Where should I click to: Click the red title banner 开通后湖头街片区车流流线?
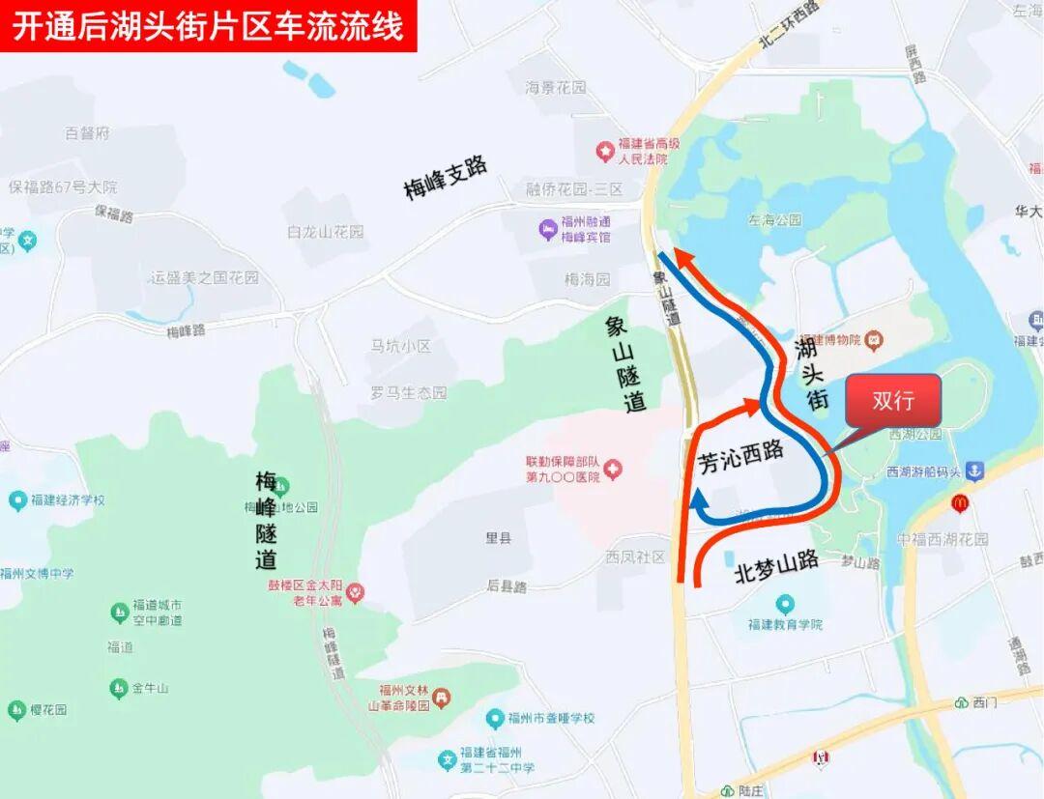(x=208, y=26)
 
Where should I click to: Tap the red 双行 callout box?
(x=892, y=400)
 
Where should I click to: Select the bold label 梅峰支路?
(x=446, y=177)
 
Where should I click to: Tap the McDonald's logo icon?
(x=959, y=502)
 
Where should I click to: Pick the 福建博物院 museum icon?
(x=874, y=339)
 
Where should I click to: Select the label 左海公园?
(x=774, y=219)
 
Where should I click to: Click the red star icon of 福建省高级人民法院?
(x=605, y=151)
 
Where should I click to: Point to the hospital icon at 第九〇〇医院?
(x=613, y=470)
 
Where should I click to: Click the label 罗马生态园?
(x=409, y=393)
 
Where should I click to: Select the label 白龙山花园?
(x=326, y=232)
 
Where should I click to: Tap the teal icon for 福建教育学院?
(x=785, y=605)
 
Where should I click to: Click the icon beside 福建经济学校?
(x=17, y=500)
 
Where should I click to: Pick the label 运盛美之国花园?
(x=205, y=277)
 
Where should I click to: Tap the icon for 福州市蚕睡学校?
(x=494, y=719)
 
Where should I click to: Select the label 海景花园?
(x=556, y=88)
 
